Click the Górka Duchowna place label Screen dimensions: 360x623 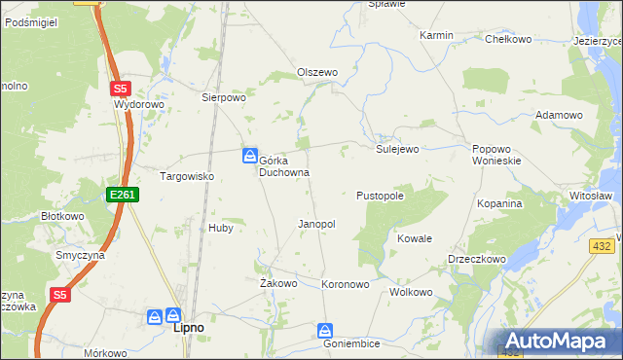[283, 165]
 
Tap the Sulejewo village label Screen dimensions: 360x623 [397, 149]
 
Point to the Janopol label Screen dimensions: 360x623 [316, 224]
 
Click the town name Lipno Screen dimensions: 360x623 [188, 328]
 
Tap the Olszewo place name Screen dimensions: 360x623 [316, 73]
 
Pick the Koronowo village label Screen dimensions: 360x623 [346, 284]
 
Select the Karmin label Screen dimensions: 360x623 [436, 35]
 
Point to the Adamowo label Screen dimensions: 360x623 [559, 115]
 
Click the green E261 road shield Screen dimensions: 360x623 [123, 196]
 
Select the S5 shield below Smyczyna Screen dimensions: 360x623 [60, 295]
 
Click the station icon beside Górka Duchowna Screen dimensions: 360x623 [250, 155]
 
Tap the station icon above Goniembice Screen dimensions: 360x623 [325, 331]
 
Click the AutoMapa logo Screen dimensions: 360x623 [559, 342]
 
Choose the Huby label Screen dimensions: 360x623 [220, 228]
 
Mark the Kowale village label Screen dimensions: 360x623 [415, 238]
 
